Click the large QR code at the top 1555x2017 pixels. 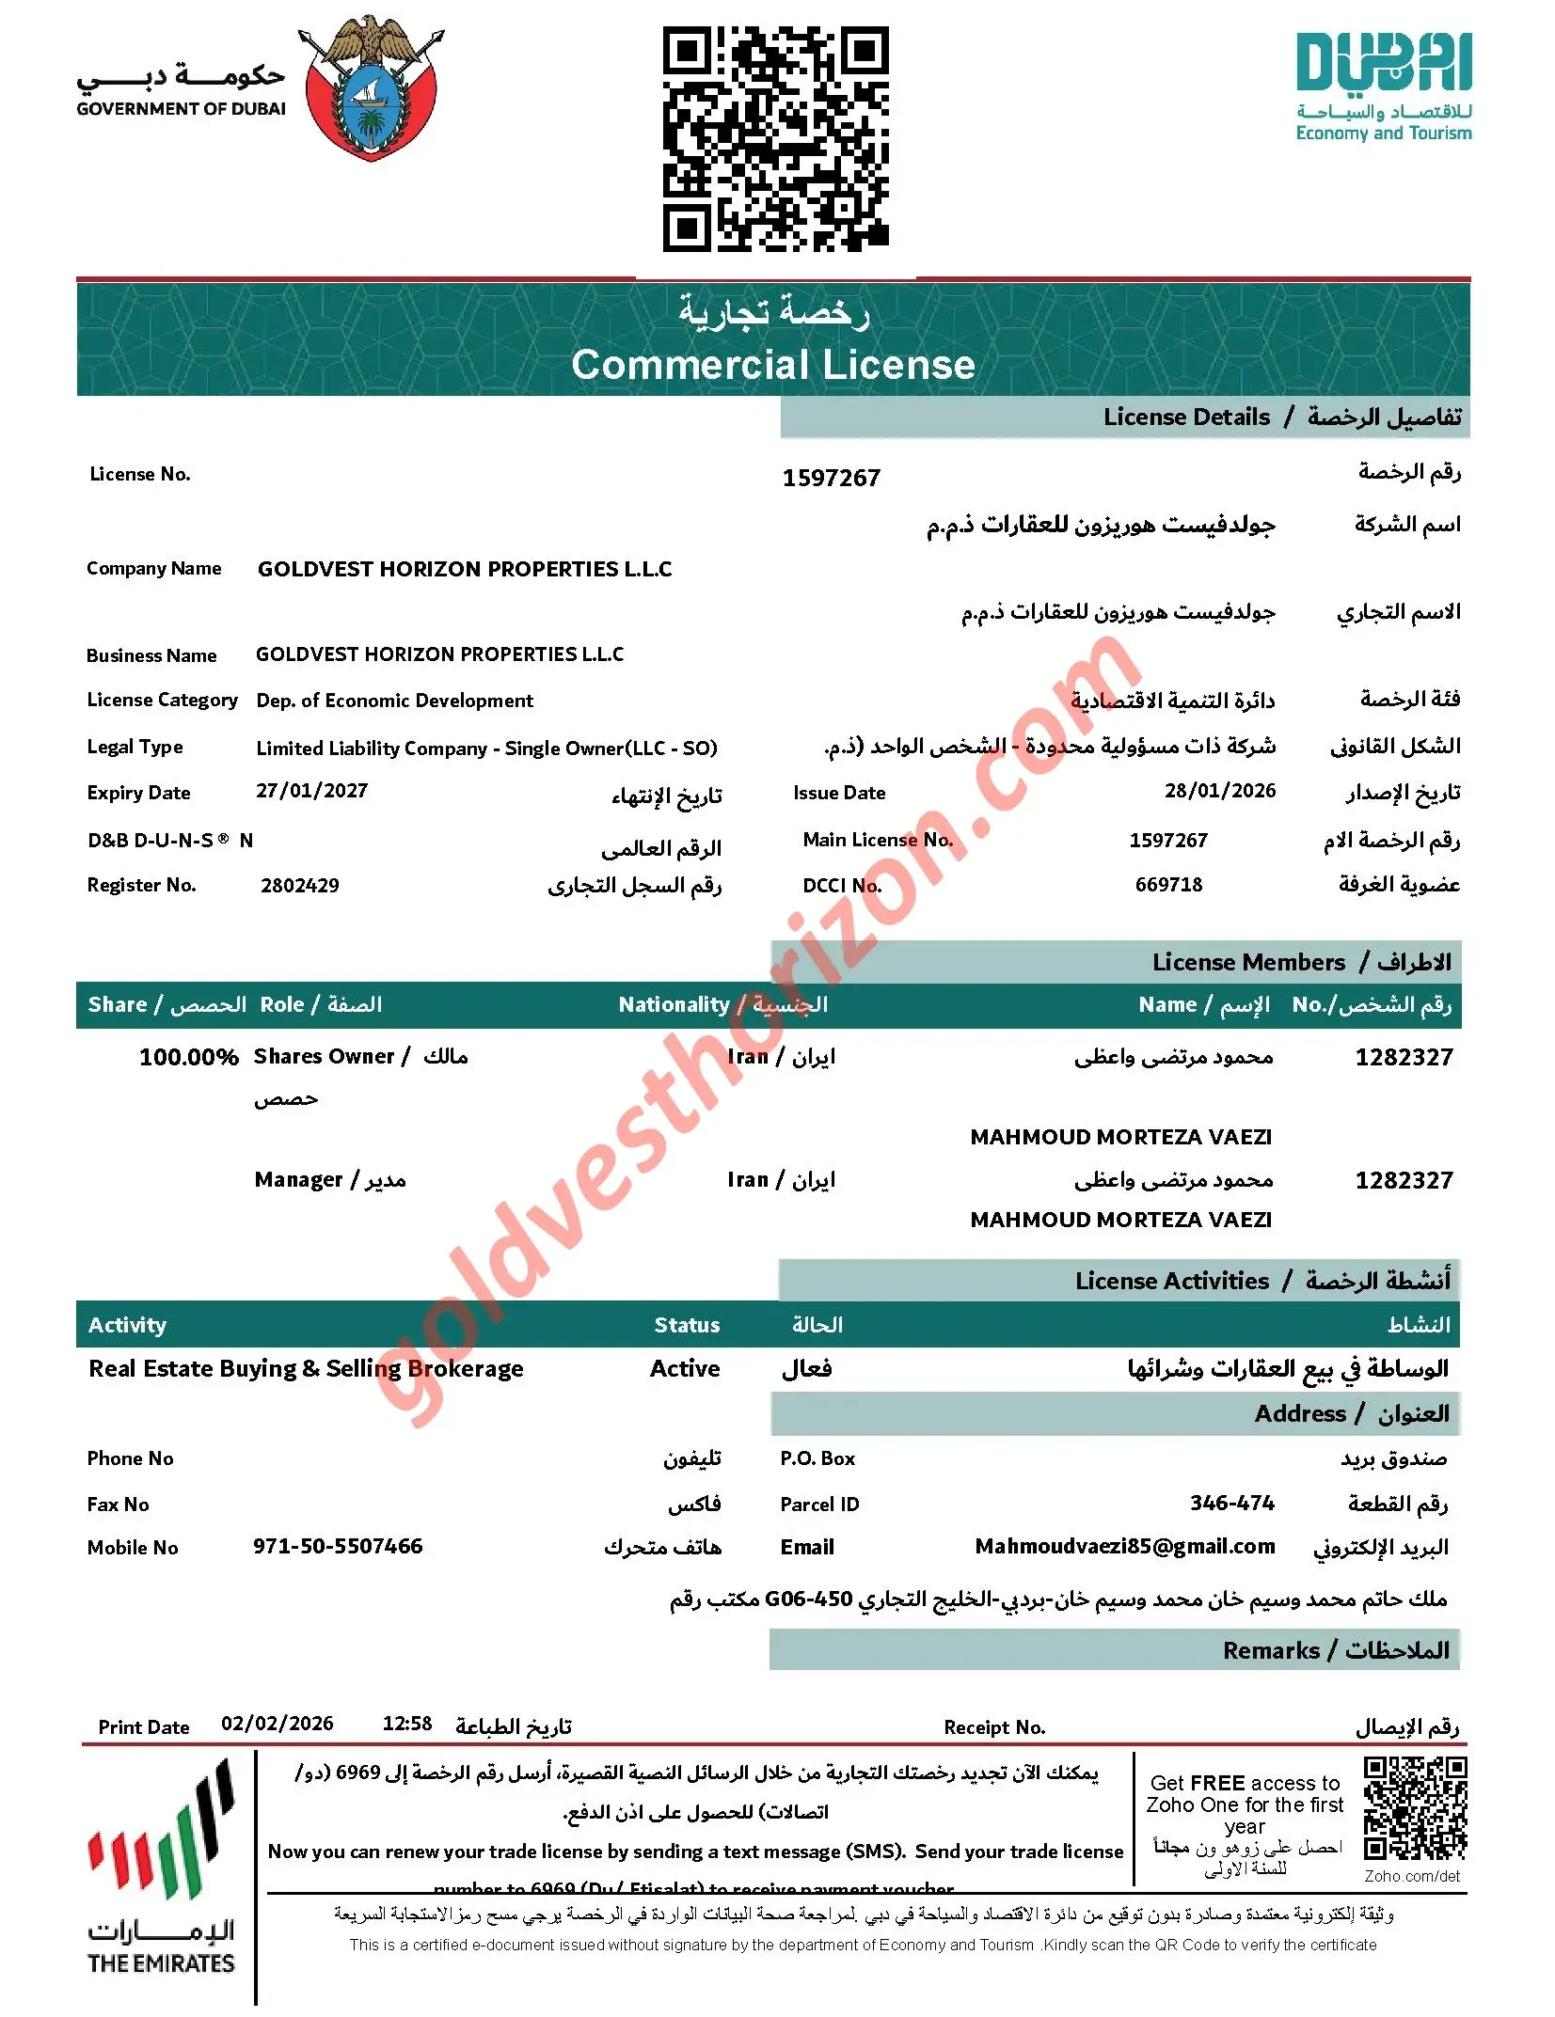point(775,138)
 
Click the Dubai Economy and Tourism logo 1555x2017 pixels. point(1383,87)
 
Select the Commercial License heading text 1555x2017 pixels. point(773,365)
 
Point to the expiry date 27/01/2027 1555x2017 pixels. point(311,791)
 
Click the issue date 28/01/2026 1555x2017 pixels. point(1219,791)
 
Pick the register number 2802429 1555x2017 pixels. point(299,886)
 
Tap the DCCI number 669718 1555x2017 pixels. point(1168,885)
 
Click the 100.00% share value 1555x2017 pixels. point(188,1058)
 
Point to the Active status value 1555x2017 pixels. point(684,1369)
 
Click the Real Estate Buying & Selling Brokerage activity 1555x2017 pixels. point(306,1369)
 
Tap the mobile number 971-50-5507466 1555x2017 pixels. point(338,1547)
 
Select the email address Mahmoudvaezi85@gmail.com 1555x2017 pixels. point(1124,1547)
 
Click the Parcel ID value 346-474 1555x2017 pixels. point(1231,1504)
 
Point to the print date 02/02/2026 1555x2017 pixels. point(277,1724)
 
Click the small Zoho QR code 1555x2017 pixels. point(1414,1809)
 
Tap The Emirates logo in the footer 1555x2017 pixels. point(161,1871)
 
